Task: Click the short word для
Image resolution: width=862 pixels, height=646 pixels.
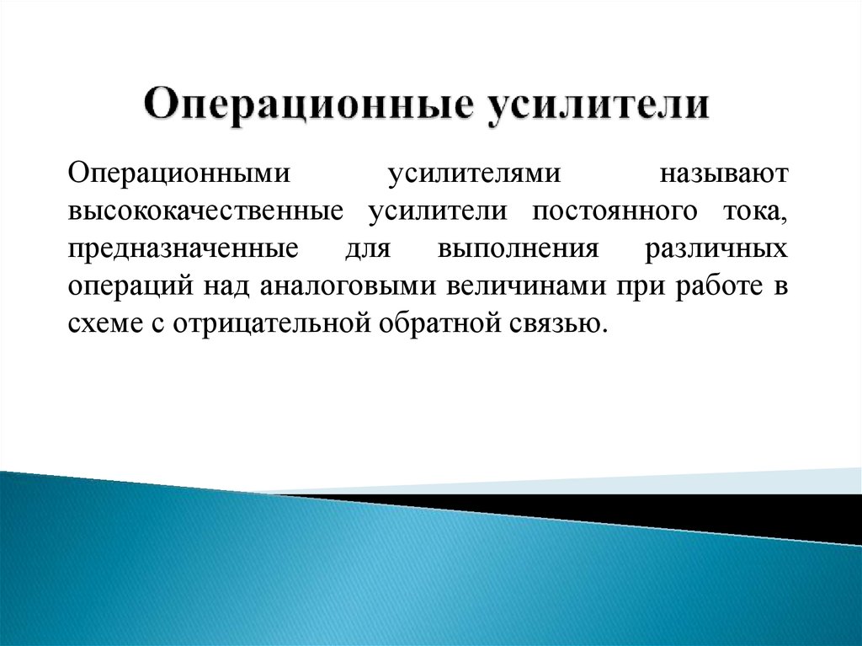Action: coord(364,250)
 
